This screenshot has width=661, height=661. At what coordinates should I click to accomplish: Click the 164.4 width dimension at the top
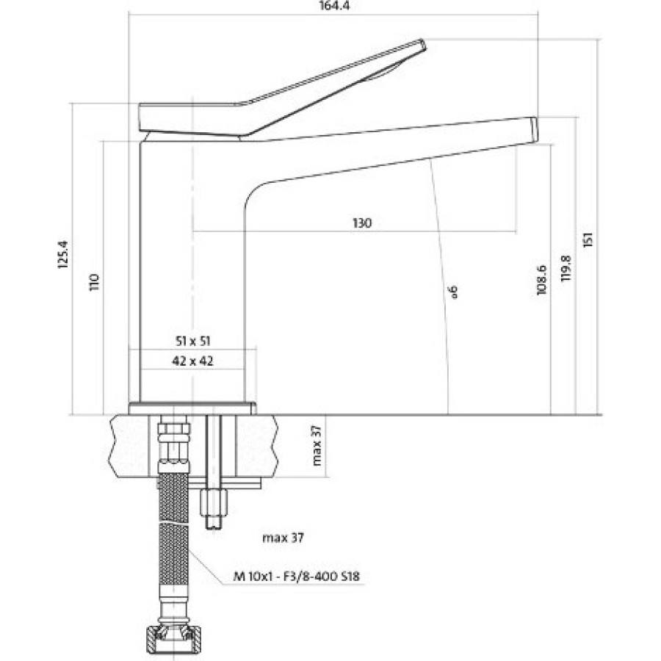[334, 6]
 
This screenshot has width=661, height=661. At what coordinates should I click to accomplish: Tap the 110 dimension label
[93, 281]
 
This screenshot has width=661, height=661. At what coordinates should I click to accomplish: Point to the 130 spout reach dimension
[362, 223]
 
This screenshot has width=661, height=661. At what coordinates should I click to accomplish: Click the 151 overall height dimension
[588, 239]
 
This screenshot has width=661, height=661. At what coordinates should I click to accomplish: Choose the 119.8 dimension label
[566, 268]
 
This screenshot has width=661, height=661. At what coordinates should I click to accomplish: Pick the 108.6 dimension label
[541, 280]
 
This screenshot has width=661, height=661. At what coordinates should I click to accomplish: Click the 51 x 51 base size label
[192, 341]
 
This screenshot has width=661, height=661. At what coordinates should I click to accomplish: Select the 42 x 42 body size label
[192, 361]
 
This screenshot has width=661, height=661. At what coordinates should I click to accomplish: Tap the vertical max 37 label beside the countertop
[317, 445]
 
